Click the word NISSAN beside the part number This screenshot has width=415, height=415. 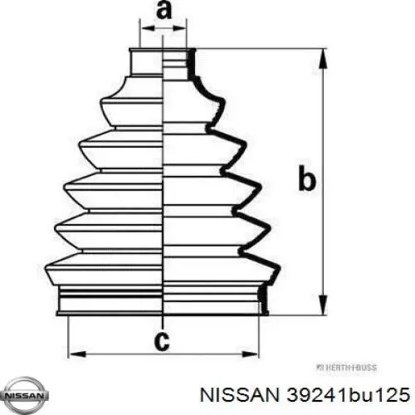[242, 390]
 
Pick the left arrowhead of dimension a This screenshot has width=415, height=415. [144, 28]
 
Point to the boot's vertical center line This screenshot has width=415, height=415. [164, 183]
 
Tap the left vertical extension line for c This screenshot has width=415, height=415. [67, 336]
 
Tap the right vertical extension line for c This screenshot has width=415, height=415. [265, 336]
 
